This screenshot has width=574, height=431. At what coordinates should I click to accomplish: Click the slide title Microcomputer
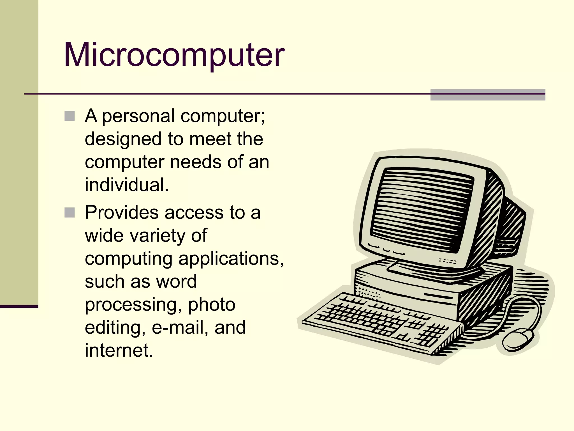point(174,55)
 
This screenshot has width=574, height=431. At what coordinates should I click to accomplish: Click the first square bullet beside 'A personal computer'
point(70,116)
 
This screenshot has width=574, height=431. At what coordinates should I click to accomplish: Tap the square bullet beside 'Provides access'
point(70,212)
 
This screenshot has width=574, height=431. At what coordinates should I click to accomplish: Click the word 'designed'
point(123,139)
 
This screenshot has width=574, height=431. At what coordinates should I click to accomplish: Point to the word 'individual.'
point(127,185)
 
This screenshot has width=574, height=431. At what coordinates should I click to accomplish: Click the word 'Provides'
point(122,212)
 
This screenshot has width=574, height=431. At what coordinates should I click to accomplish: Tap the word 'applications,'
point(231,259)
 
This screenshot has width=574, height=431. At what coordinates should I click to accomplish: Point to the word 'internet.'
point(119,350)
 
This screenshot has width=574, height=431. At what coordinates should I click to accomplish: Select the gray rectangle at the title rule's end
point(488,95)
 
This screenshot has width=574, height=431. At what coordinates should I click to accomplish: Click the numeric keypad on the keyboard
point(432,334)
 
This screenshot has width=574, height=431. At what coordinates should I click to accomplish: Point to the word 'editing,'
point(115,327)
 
